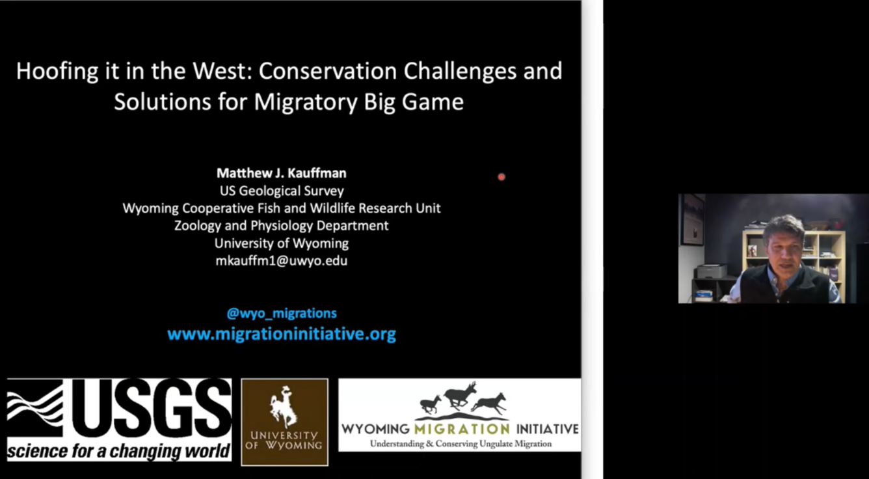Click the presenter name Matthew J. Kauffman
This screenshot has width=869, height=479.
[281, 173]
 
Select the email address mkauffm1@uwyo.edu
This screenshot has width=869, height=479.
[281, 261]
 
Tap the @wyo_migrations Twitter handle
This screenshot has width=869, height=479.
[281, 313]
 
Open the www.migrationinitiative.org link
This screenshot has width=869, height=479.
[281, 335]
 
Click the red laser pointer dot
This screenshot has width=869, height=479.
[501, 176]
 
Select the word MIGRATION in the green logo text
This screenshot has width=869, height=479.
[462, 429]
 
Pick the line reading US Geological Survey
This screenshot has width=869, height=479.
[281, 191]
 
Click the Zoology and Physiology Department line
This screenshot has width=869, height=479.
[281, 226]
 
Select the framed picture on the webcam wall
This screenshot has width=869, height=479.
[693, 219]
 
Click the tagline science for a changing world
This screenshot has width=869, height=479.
[119, 450]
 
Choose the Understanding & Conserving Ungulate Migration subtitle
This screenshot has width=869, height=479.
[460, 444]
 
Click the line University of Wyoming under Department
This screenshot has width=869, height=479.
[281, 243]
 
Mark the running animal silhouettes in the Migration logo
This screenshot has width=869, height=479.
[462, 398]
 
